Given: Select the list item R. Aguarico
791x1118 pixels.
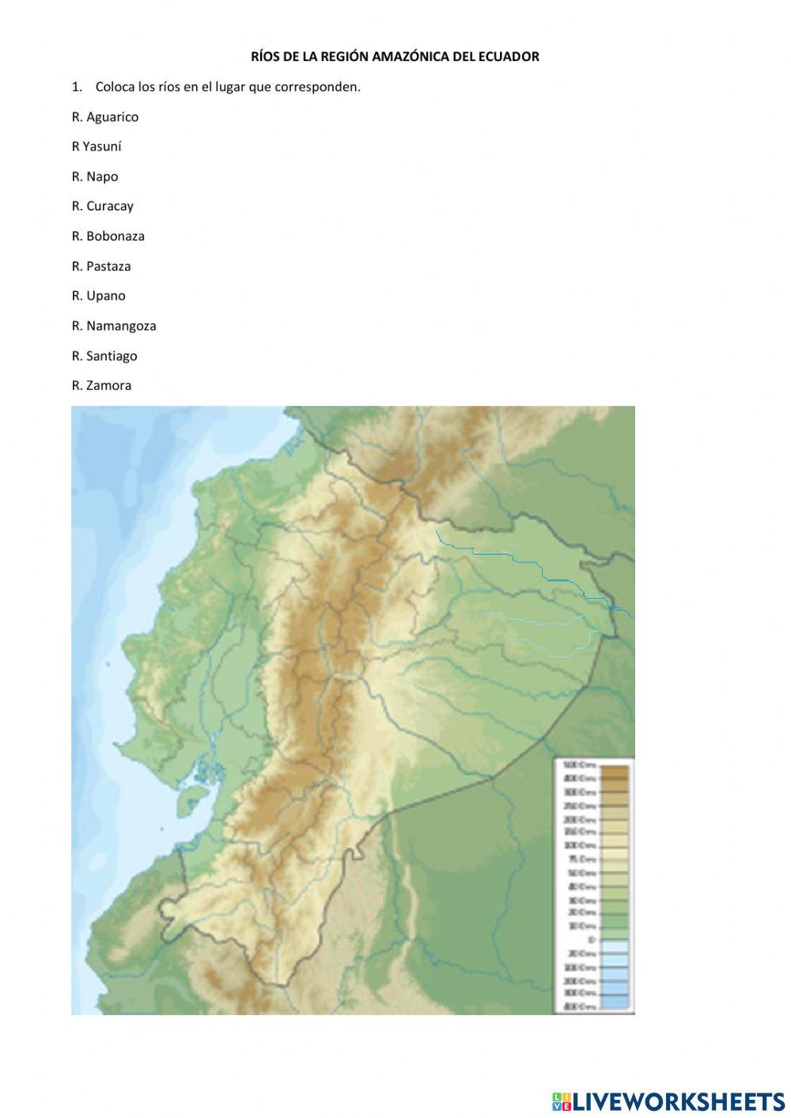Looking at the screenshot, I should point(105,117).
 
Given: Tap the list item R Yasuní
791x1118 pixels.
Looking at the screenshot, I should point(97,146).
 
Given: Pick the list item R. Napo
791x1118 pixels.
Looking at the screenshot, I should point(95,176).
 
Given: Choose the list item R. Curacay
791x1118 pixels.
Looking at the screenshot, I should point(103,207).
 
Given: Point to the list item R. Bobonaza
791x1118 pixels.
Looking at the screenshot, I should point(108,237).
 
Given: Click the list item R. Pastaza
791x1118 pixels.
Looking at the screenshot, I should point(101,267).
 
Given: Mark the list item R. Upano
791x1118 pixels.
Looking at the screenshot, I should point(99,296).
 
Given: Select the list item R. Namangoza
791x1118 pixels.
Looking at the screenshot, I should point(114,326).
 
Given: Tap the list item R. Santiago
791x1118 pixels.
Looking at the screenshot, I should point(104,356).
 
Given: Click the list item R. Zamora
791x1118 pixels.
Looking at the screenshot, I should point(102,386).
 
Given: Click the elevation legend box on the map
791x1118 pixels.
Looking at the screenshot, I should point(593,885).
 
